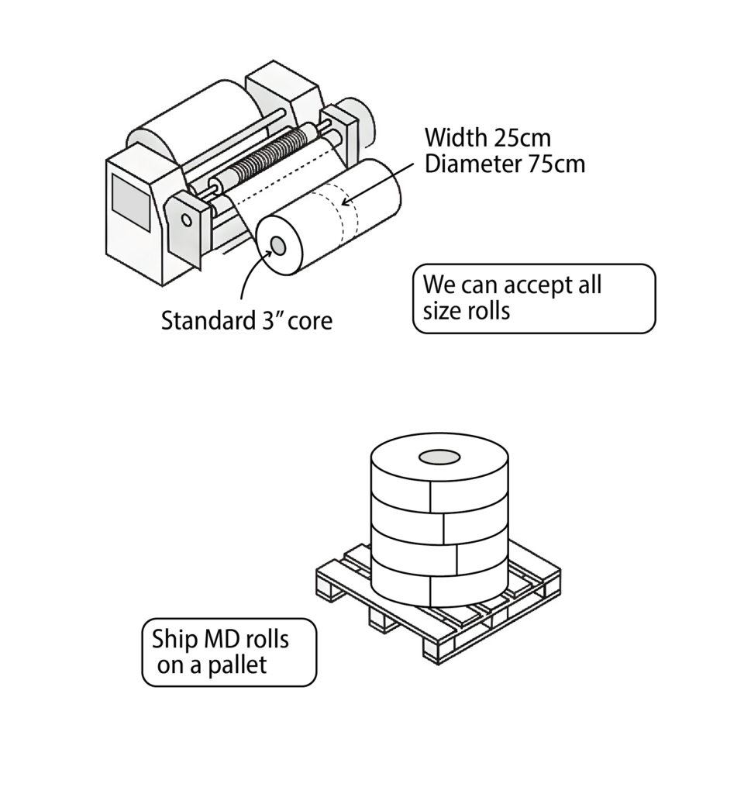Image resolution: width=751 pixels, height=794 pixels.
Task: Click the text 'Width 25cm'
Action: click(x=487, y=138)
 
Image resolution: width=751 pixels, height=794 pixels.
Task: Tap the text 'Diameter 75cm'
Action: click(x=504, y=164)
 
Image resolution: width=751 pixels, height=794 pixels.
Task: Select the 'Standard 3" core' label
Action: click(x=246, y=320)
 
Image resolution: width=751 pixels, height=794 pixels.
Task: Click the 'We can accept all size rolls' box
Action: click(x=533, y=299)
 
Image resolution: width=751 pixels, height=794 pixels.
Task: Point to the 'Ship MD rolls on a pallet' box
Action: click(x=229, y=652)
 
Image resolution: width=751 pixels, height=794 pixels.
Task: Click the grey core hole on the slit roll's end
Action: click(x=277, y=247)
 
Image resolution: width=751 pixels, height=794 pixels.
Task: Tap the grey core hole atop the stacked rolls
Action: click(x=439, y=457)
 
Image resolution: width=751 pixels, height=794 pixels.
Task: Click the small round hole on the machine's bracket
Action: click(x=187, y=219)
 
